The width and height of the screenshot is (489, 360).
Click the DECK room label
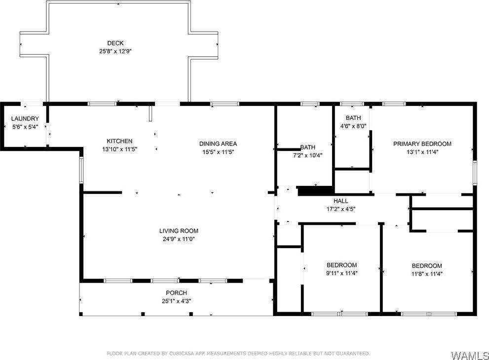115,43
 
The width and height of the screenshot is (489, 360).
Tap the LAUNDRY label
25,119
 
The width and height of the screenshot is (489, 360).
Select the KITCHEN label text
119,141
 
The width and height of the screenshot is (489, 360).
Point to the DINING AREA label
218,144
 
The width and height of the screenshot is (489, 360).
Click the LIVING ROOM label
179,231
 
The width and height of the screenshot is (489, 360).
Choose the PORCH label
176,293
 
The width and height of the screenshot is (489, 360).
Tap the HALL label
340,201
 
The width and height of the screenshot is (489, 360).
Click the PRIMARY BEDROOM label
422,144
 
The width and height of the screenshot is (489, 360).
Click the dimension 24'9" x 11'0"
179,239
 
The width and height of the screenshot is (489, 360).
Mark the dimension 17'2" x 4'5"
340,209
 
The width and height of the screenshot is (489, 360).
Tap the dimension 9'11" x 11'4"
341,273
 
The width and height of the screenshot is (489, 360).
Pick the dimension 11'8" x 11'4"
427,274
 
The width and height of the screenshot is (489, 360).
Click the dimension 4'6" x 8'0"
353,126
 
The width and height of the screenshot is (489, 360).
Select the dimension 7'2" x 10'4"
307,156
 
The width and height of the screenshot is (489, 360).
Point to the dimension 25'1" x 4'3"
176,301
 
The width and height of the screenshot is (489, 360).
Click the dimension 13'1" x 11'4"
422,152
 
